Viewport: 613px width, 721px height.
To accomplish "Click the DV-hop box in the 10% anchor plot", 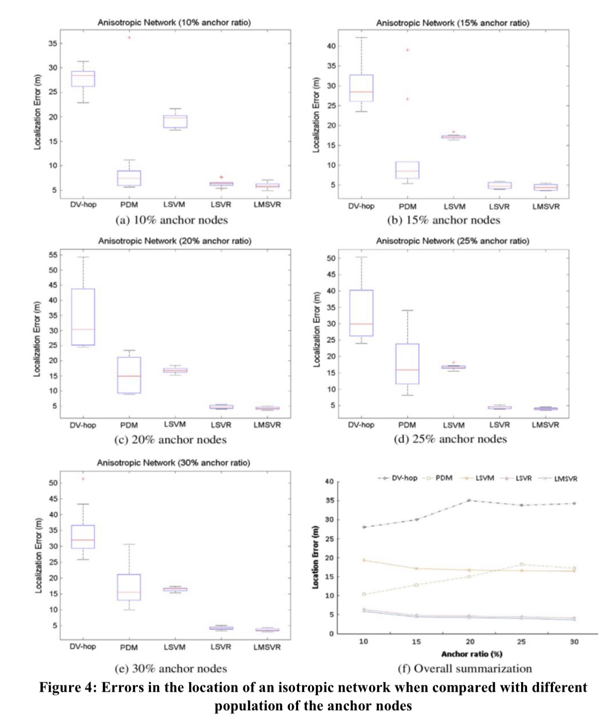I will [x=83, y=78].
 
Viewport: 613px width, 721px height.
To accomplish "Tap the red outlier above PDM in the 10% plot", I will [x=129, y=37].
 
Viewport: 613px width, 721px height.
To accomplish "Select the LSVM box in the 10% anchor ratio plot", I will [x=175, y=121].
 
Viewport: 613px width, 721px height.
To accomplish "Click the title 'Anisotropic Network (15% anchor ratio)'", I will [x=453, y=23].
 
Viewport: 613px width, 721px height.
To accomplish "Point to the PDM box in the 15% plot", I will [x=407, y=170].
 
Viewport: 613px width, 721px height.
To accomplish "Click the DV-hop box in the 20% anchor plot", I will [x=83, y=317].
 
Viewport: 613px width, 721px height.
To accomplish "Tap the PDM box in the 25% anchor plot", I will [x=407, y=363].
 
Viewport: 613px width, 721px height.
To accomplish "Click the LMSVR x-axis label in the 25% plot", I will [x=545, y=425].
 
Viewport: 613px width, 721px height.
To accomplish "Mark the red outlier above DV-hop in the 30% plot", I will [x=83, y=479].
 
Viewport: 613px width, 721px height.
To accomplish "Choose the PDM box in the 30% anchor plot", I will [x=129, y=587].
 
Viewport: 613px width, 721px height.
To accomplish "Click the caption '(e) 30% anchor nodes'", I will [x=171, y=668].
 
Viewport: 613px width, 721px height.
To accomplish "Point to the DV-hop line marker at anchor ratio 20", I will [x=469, y=501].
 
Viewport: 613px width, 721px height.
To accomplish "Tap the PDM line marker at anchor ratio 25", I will [x=522, y=565].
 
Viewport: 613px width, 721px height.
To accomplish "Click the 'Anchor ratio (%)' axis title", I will [x=471, y=654].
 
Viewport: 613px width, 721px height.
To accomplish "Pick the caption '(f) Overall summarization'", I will [x=465, y=668].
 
